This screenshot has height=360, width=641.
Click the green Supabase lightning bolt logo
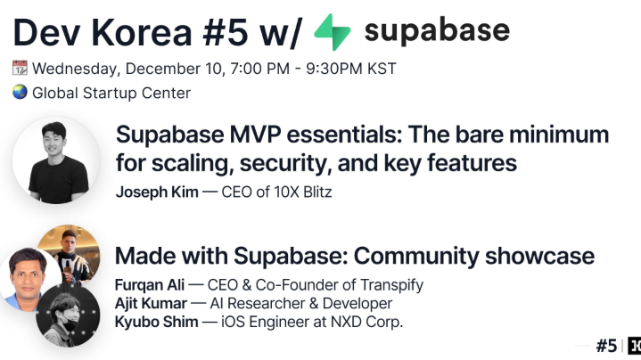pyautogui.click(x=333, y=32)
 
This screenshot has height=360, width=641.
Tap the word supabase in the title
pyautogui.click(x=437, y=31)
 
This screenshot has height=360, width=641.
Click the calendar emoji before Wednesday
pyautogui.click(x=20, y=68)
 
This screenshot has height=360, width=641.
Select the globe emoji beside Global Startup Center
pyautogui.click(x=20, y=93)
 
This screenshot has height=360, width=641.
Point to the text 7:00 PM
pyautogui.click(x=260, y=69)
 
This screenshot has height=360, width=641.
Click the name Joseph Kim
pyautogui.click(x=157, y=192)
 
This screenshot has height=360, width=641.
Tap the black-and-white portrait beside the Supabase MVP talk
pyautogui.click(x=56, y=160)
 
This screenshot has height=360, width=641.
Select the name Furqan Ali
pyautogui.click(x=149, y=285)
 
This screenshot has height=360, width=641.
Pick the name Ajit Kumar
pyautogui.click(x=151, y=303)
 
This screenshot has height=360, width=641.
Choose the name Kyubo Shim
pyautogui.click(x=157, y=322)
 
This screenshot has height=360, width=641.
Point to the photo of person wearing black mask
pyautogui.click(x=68, y=315)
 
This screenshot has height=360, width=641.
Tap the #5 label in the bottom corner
pyautogui.click(x=606, y=346)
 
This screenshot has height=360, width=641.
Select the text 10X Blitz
pyautogui.click(x=302, y=192)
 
